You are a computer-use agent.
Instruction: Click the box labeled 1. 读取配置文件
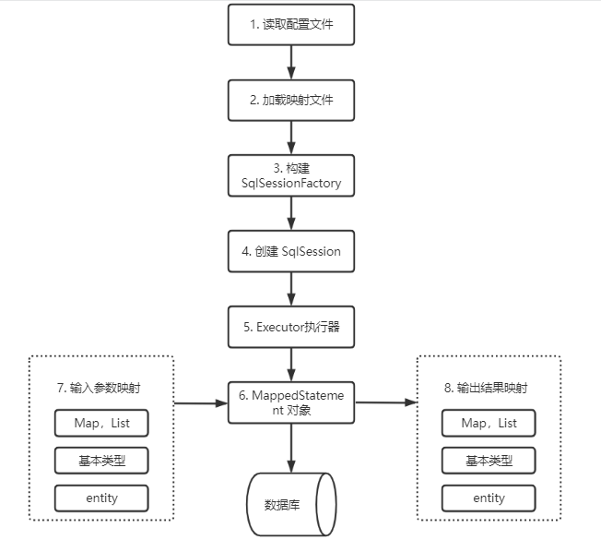(x=291, y=26)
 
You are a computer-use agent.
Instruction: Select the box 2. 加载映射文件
(x=291, y=101)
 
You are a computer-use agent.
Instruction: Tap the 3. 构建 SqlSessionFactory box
(x=291, y=175)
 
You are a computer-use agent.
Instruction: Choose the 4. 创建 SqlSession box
(x=291, y=250)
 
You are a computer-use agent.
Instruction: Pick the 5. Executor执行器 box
(x=291, y=326)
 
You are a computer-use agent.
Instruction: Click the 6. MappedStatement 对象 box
(x=291, y=402)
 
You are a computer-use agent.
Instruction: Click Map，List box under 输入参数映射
(x=100, y=423)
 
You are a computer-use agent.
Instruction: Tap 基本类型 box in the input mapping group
(x=100, y=460)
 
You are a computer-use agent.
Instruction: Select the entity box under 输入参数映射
(x=100, y=498)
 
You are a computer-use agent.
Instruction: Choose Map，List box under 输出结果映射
(x=489, y=423)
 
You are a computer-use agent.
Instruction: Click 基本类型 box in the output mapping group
(x=489, y=460)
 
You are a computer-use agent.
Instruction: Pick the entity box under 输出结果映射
(x=489, y=498)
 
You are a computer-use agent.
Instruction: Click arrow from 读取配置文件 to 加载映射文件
(x=291, y=63)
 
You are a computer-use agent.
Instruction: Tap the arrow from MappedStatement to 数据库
(x=291, y=447)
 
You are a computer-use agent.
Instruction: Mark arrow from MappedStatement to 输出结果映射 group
(x=385, y=402)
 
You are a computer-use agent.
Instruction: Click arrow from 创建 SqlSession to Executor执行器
(x=291, y=288)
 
